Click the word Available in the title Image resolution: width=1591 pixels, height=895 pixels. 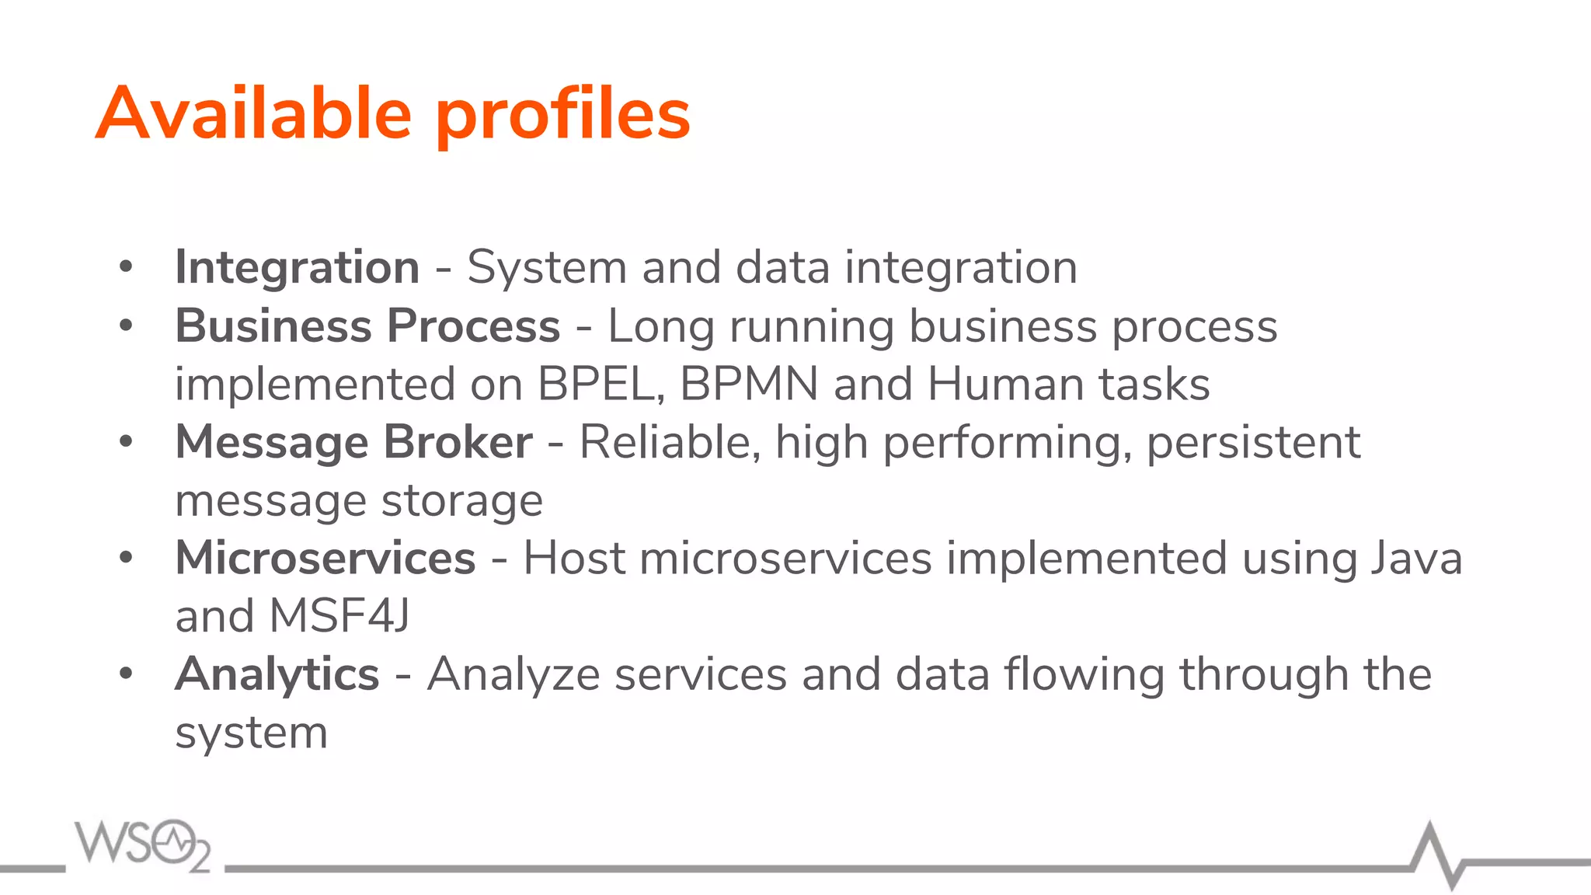click(253, 113)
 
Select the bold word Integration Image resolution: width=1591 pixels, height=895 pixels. click(298, 267)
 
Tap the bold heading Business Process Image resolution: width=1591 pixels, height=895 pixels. click(367, 326)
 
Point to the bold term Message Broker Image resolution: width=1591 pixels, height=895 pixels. click(353, 442)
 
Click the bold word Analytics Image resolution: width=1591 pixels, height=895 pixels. click(277, 674)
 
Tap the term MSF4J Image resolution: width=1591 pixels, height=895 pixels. click(339, 616)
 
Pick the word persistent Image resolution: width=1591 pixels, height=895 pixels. click(1253, 442)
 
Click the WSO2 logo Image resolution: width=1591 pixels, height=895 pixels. click(142, 845)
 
